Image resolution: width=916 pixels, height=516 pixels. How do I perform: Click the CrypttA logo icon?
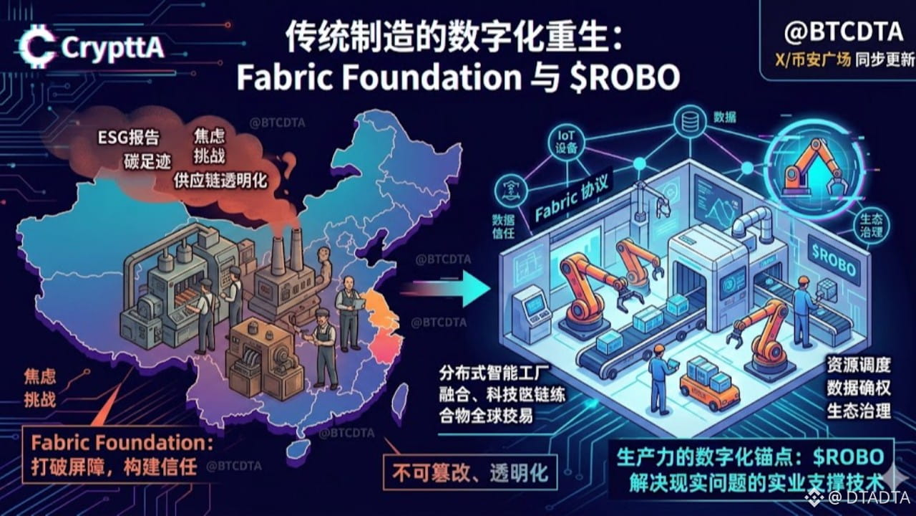pyautogui.click(x=36, y=47)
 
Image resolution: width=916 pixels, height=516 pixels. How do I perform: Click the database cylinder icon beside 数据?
pyautogui.click(x=689, y=120)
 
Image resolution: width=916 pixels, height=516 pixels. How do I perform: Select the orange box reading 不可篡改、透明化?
pyautogui.click(x=469, y=473)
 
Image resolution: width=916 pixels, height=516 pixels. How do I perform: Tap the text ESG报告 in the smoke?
pyautogui.click(x=130, y=137)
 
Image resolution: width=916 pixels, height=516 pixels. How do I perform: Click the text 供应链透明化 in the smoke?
pyautogui.click(x=220, y=179)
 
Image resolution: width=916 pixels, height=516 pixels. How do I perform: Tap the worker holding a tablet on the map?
pyautogui.click(x=349, y=312)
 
